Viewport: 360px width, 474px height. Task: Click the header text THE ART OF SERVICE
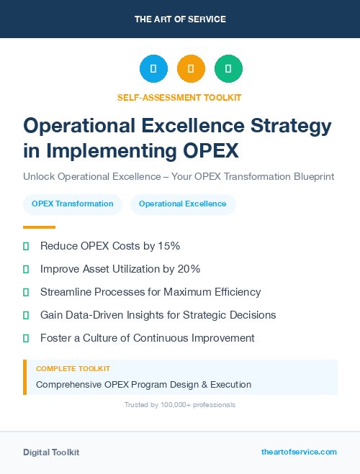click(180, 19)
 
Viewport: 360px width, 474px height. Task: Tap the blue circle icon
click(153, 69)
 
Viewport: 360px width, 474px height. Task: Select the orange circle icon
click(191, 69)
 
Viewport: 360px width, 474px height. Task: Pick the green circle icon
click(228, 69)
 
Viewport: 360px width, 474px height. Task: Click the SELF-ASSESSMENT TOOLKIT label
click(179, 97)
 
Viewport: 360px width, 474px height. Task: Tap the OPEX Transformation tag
click(72, 204)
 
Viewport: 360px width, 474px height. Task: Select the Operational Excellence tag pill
click(182, 204)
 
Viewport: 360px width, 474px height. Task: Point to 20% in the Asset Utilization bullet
click(187, 269)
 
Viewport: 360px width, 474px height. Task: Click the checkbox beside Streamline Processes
click(26, 292)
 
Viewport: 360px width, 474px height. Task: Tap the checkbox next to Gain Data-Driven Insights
click(26, 315)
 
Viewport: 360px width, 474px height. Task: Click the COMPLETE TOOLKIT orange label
click(73, 369)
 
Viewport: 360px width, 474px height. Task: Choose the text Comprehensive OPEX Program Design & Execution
click(143, 384)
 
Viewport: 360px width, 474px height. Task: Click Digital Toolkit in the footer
click(51, 452)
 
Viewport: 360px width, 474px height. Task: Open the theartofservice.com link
click(299, 452)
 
